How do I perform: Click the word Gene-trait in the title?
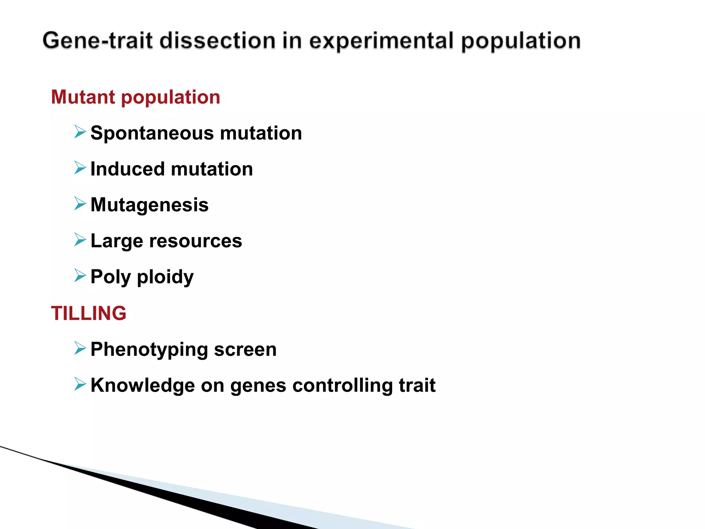[x=97, y=41]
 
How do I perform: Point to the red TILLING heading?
[x=88, y=313]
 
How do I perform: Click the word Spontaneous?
[x=152, y=133]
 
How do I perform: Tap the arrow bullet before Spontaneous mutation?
[x=80, y=132]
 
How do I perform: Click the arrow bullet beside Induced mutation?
[x=80, y=168]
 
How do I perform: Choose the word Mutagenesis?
[x=149, y=205]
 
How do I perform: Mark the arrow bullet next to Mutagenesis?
[x=80, y=204]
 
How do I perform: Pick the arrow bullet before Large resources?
[x=80, y=239]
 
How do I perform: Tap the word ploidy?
[x=165, y=277]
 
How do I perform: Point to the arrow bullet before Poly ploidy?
[x=80, y=276]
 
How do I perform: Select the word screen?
[x=245, y=350]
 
